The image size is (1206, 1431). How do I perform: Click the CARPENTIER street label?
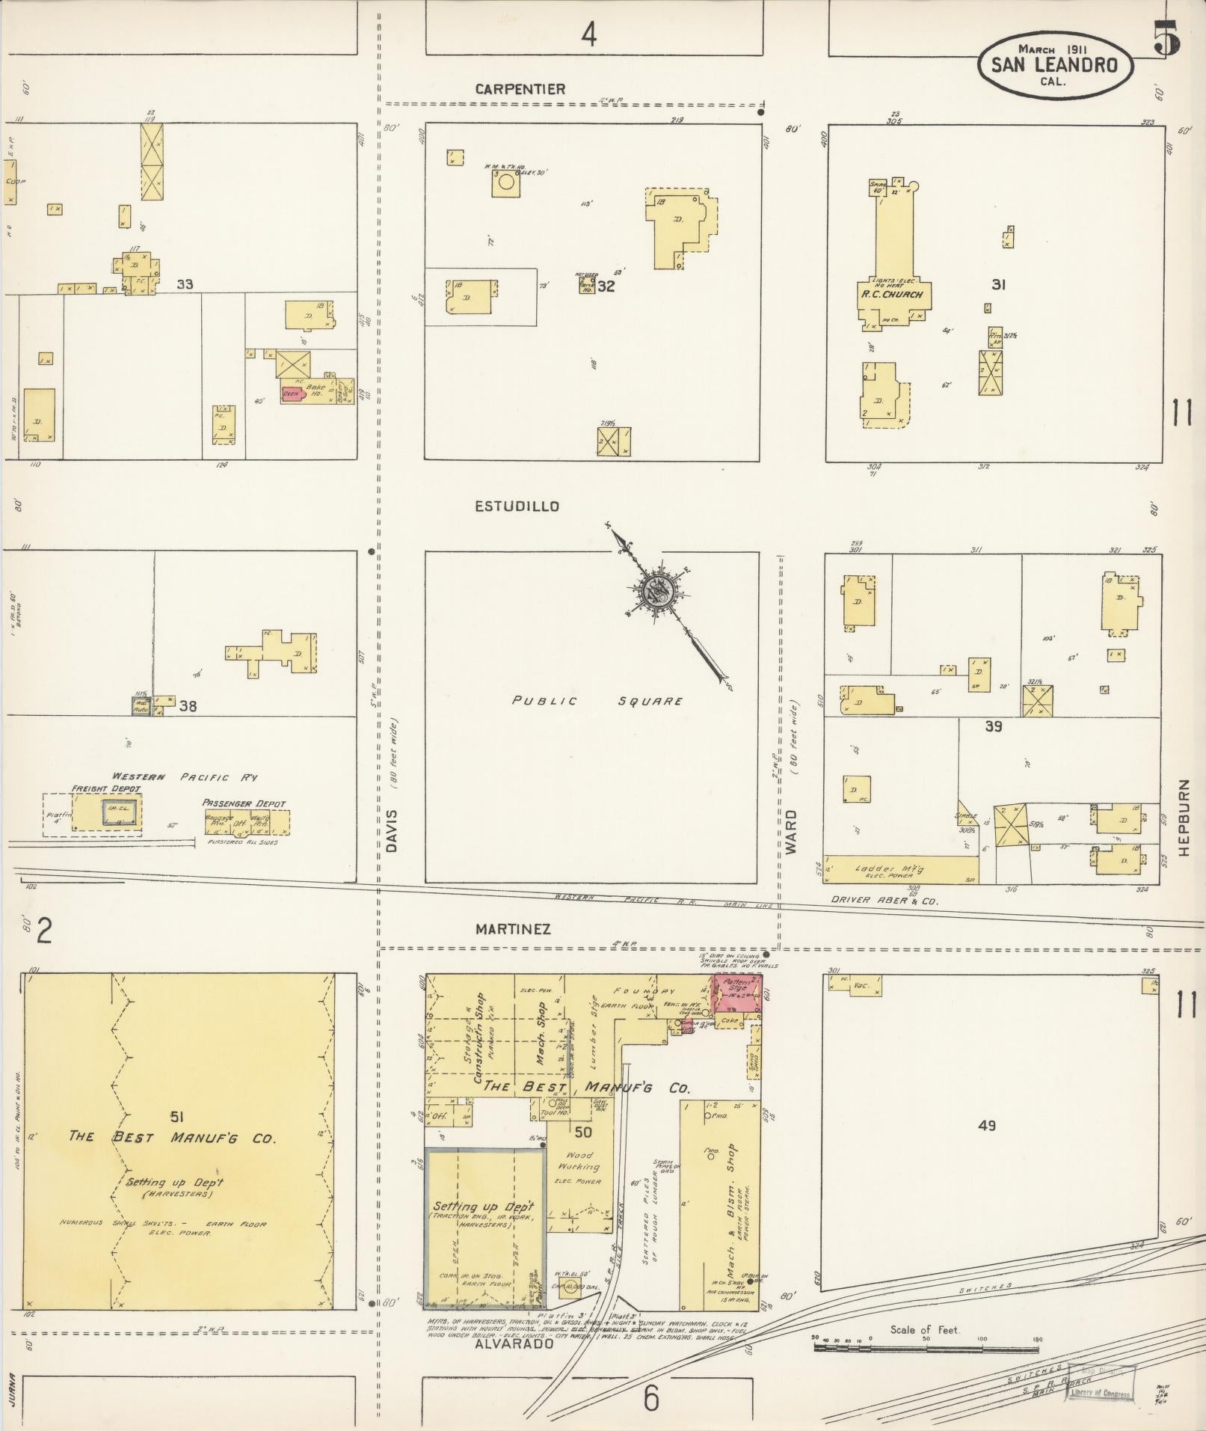pyautogui.click(x=520, y=89)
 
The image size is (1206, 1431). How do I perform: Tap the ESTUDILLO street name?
pyautogui.click(x=517, y=506)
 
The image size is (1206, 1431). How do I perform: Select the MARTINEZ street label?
pyautogui.click(x=513, y=929)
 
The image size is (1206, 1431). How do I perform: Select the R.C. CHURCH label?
pyautogui.click(x=890, y=294)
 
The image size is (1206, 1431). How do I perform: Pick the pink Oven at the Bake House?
pyautogui.click(x=291, y=393)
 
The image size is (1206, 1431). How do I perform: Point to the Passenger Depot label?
pyautogui.click(x=244, y=803)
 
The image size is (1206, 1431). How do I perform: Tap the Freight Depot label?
pyautogui.click(x=105, y=788)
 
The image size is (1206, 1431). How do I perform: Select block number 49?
pyautogui.click(x=986, y=1145)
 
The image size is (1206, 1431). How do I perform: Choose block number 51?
pyautogui.click(x=176, y=1117)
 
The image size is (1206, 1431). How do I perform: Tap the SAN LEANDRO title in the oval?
pyautogui.click(x=1054, y=64)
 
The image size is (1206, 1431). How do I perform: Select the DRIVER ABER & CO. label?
pyautogui.click(x=884, y=901)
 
